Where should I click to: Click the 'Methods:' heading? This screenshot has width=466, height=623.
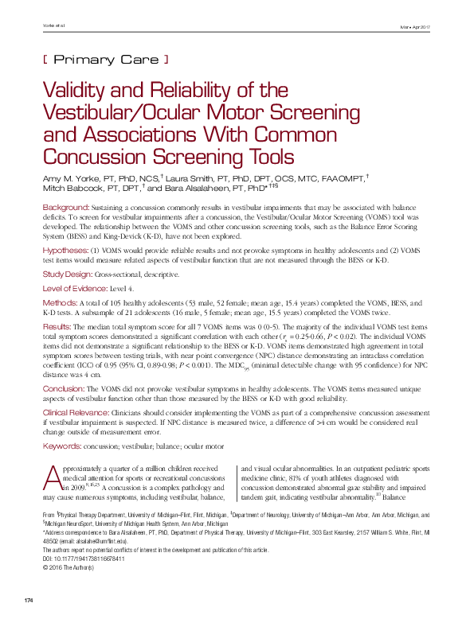click(x=59, y=303)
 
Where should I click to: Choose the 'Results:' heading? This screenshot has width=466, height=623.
click(x=57, y=327)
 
